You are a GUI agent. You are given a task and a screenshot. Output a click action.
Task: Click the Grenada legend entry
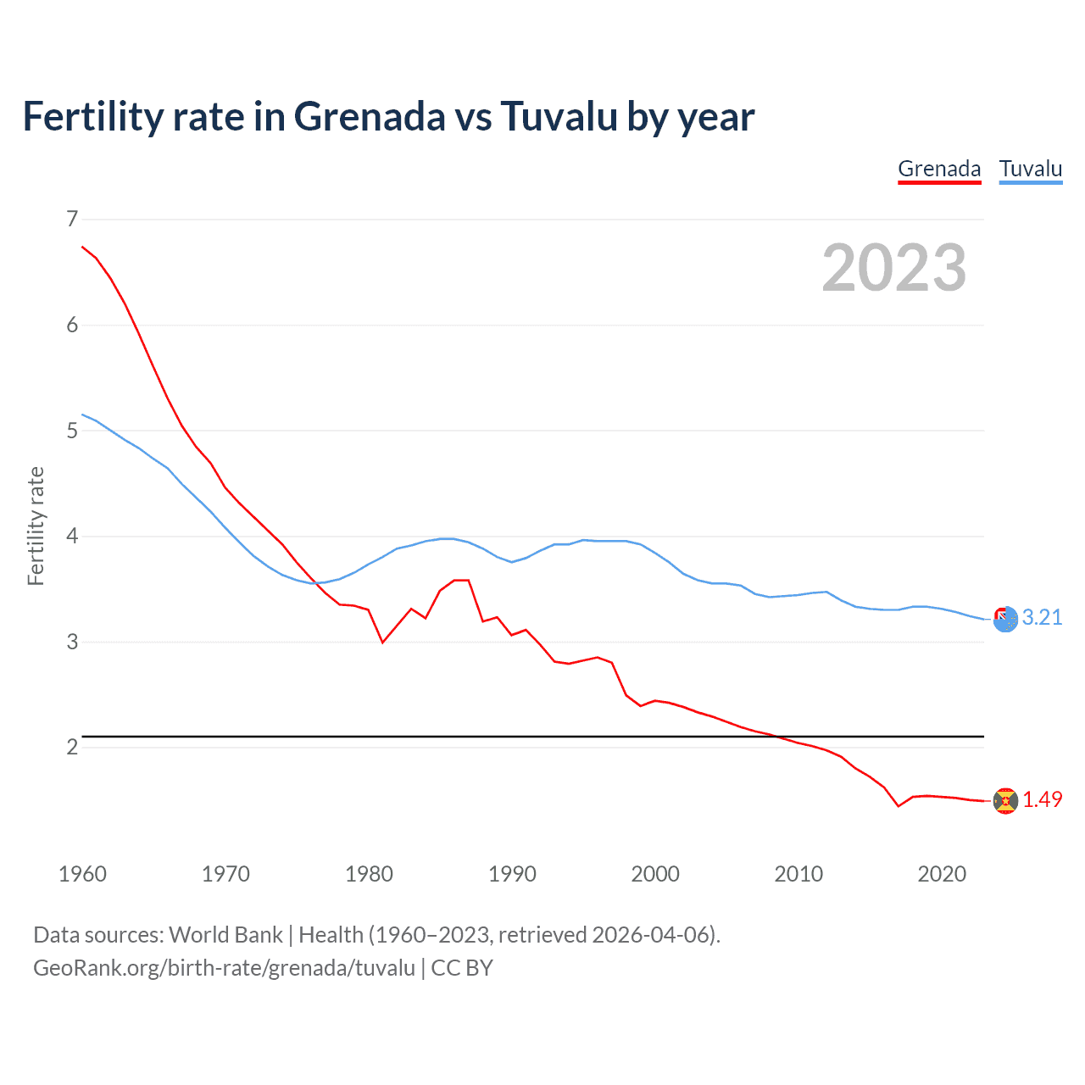(939, 169)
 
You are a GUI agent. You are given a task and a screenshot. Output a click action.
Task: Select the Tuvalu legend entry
(1031, 169)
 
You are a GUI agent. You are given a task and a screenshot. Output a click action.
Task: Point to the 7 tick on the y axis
(72, 220)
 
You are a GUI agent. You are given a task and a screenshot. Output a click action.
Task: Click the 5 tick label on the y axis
(72, 431)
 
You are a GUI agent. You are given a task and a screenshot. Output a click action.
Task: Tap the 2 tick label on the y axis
(72, 747)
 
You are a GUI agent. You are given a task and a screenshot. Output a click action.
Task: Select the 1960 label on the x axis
(82, 874)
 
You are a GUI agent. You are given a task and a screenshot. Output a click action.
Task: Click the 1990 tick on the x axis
(512, 874)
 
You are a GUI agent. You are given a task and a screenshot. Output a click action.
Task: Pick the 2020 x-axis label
(942, 874)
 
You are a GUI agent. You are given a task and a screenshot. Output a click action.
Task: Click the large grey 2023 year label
(894, 268)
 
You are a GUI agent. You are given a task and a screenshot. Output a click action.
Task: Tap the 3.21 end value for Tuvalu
(1042, 618)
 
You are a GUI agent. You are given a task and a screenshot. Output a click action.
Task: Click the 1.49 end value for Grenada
(1042, 799)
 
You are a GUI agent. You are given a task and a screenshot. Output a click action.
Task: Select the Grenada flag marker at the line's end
(1005, 800)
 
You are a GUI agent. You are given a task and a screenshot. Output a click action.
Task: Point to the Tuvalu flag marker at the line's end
(1005, 619)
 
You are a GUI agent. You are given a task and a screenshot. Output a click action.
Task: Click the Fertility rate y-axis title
(36, 526)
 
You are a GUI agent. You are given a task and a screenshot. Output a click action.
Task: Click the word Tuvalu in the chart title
(559, 117)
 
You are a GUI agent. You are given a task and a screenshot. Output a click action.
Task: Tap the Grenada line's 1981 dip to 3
(382, 642)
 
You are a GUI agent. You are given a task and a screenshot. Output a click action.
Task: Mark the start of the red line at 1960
(82, 247)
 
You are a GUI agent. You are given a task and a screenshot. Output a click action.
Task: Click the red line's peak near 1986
(461, 580)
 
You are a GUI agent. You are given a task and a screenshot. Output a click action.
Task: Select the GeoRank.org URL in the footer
(224, 968)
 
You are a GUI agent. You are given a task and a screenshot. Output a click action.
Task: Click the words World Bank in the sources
(225, 935)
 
